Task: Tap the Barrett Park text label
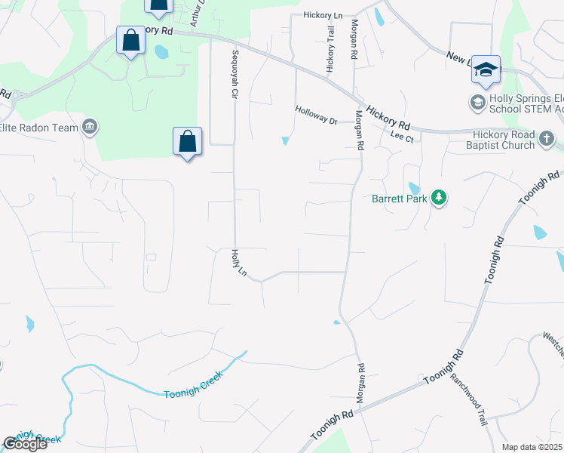(400, 199)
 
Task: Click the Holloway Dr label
(316, 115)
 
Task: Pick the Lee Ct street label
(403, 137)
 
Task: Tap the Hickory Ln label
(323, 14)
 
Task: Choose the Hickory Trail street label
(330, 50)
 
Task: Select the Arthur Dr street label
(198, 14)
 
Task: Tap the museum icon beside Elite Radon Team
(90, 126)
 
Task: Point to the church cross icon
(547, 139)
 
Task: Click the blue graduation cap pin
(486, 69)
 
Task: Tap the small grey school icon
(478, 101)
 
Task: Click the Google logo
(25, 444)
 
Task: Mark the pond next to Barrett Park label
(413, 187)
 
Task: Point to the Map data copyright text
(532, 447)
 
